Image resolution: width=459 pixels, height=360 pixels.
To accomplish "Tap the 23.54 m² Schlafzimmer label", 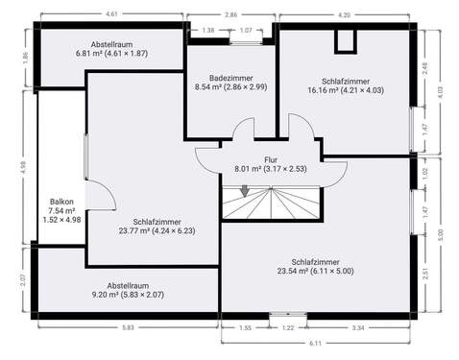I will click(319, 266).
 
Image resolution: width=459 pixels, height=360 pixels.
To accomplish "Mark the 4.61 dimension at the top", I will click(111, 14).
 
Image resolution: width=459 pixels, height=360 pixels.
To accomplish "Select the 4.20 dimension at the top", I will click(344, 14).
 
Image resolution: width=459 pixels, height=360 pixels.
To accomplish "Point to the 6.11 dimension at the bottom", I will click(315, 343).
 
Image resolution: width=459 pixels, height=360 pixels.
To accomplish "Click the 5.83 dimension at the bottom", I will click(129, 328).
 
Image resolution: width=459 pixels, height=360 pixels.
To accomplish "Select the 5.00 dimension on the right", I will click(441, 232).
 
